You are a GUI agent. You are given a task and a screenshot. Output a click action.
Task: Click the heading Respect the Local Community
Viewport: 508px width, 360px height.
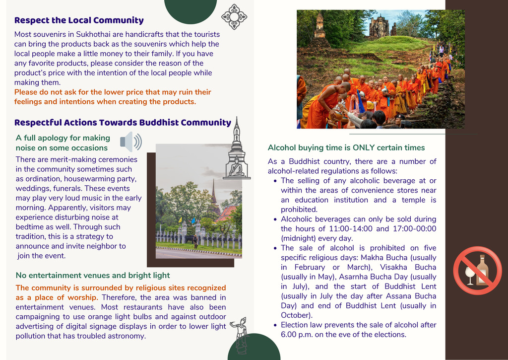(79, 20)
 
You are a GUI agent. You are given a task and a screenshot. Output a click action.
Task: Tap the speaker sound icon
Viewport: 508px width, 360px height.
(131, 142)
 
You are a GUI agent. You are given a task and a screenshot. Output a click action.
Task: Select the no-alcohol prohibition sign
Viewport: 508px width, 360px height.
(477, 271)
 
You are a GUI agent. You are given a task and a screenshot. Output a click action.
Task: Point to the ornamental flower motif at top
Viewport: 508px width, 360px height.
(234, 17)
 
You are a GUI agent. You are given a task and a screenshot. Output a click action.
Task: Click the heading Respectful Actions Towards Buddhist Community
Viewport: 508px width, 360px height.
(123, 123)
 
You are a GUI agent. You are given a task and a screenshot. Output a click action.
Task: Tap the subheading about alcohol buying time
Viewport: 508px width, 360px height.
(346, 147)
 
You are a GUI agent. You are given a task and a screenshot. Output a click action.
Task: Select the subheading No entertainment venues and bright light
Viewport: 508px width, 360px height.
(93, 275)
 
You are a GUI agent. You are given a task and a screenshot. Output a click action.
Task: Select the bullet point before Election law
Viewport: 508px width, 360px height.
(275, 325)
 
